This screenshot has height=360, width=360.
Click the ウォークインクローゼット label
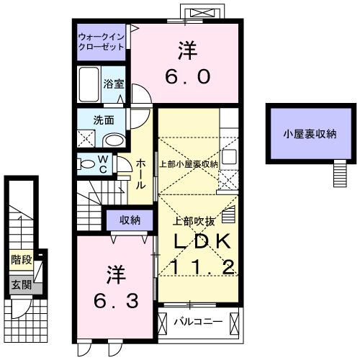tap(101, 40)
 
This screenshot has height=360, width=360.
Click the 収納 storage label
tap(130, 220)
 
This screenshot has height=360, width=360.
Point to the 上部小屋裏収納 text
tap(188, 164)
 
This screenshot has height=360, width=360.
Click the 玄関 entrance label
tap(20, 285)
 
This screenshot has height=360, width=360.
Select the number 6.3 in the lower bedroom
tap(114, 298)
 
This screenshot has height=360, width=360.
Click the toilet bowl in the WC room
tap(88, 165)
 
